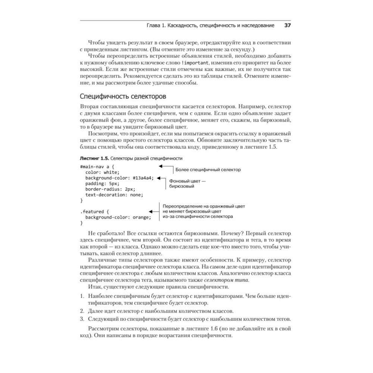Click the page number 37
(287, 26)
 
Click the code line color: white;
(102, 172)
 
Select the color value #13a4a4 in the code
(143, 178)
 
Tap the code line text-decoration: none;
(114, 195)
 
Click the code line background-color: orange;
(118, 217)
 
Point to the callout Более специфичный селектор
(208, 170)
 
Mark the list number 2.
(82, 311)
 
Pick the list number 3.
(82, 319)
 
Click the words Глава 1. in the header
(157, 26)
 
